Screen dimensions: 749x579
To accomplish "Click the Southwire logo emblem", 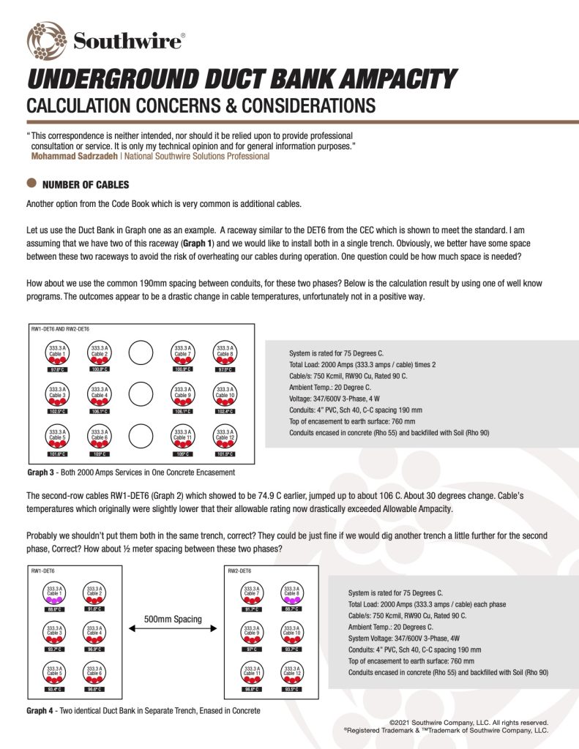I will (x=46, y=39).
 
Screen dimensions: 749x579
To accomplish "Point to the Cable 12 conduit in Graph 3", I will (x=225, y=437).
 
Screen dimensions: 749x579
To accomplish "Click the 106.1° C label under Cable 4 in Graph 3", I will (x=99, y=412).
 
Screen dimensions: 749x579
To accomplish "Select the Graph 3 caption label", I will (x=41, y=473).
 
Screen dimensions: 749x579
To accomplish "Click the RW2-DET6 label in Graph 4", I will (x=240, y=569).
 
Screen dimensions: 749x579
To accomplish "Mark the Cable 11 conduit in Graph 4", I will (x=252, y=674).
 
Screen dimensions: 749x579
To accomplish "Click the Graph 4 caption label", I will (x=41, y=710).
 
